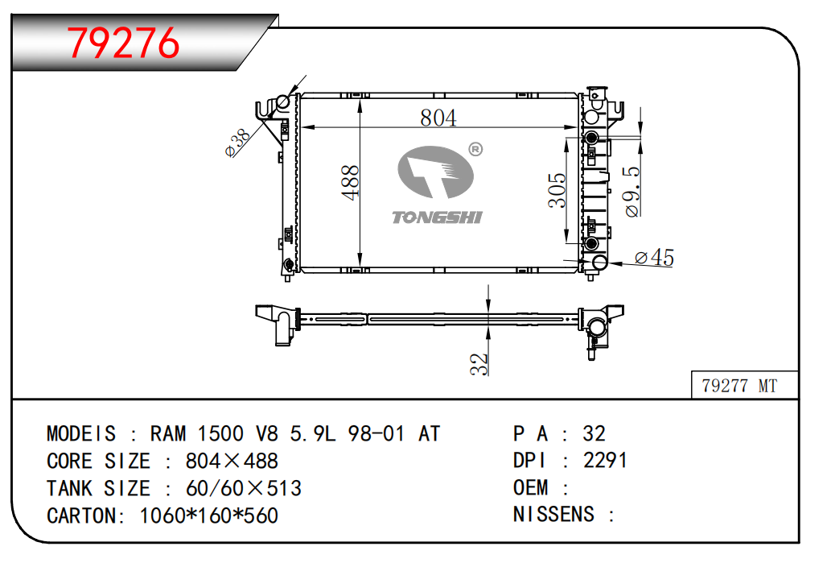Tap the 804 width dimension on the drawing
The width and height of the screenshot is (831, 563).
tap(438, 118)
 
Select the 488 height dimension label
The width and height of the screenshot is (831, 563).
tap(350, 183)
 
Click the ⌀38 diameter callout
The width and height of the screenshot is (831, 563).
tap(238, 143)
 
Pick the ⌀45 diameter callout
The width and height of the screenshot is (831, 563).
tap(653, 258)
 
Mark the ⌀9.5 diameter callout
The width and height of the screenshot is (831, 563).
tap(632, 192)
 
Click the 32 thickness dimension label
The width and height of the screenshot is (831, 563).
tap(479, 363)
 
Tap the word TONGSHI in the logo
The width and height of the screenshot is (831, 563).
tap(437, 217)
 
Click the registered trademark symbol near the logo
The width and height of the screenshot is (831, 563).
tap(475, 150)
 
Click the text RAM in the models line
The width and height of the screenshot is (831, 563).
tap(167, 433)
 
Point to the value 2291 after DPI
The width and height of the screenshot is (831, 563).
tap(605, 460)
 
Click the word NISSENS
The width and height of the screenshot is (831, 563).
tap(553, 514)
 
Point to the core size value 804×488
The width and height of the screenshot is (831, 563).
tap(232, 461)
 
